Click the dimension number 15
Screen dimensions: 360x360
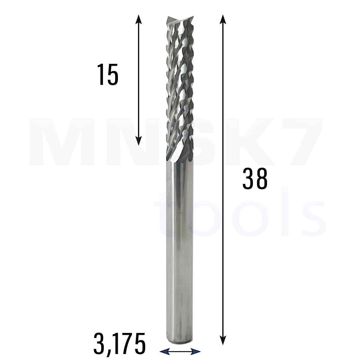click(108, 74)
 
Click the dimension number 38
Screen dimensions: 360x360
click(255, 179)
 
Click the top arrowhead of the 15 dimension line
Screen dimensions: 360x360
click(138, 19)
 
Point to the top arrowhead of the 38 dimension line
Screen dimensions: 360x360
click(223, 19)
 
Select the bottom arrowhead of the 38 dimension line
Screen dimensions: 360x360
click(223, 340)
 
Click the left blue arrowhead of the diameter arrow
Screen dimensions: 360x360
click(165, 351)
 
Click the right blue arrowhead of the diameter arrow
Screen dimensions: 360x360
click(196, 351)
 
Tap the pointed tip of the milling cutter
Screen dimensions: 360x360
click(168, 17)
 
